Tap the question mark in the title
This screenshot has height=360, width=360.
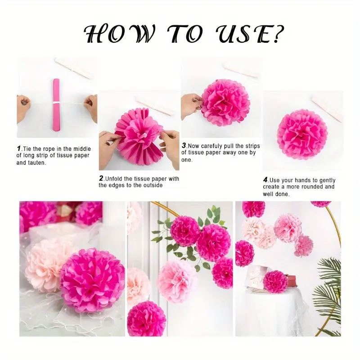click(x=279, y=35)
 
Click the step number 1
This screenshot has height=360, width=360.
click(x=19, y=148)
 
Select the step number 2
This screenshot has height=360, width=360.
click(x=101, y=178)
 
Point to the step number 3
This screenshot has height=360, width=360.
click(x=184, y=145)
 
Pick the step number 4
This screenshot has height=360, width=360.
click(x=265, y=180)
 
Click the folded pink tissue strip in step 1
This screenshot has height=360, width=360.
click(x=56, y=105)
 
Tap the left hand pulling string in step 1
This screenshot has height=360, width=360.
click(x=23, y=108)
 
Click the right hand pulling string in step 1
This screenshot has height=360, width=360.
click(x=91, y=108)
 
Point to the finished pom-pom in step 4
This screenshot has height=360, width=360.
click(x=302, y=133)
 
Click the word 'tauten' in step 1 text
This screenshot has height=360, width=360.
click(x=37, y=163)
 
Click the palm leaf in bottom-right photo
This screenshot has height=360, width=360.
click(x=327, y=296)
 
